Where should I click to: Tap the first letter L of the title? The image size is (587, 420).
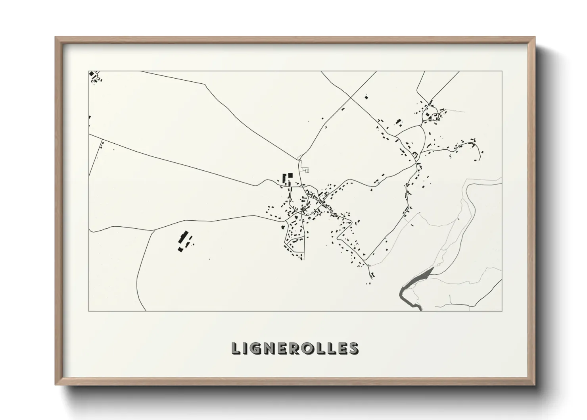pos(235,348)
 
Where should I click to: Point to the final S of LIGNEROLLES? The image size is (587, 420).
pos(353,348)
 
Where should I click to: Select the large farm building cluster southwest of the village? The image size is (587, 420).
pos(184,242)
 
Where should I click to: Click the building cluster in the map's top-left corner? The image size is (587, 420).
pos(94,77)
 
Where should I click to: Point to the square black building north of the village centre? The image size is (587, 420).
pos(290,175)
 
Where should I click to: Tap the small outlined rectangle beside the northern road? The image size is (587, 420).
pos(307,170)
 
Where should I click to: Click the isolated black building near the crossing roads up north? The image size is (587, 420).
pos(366,96)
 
